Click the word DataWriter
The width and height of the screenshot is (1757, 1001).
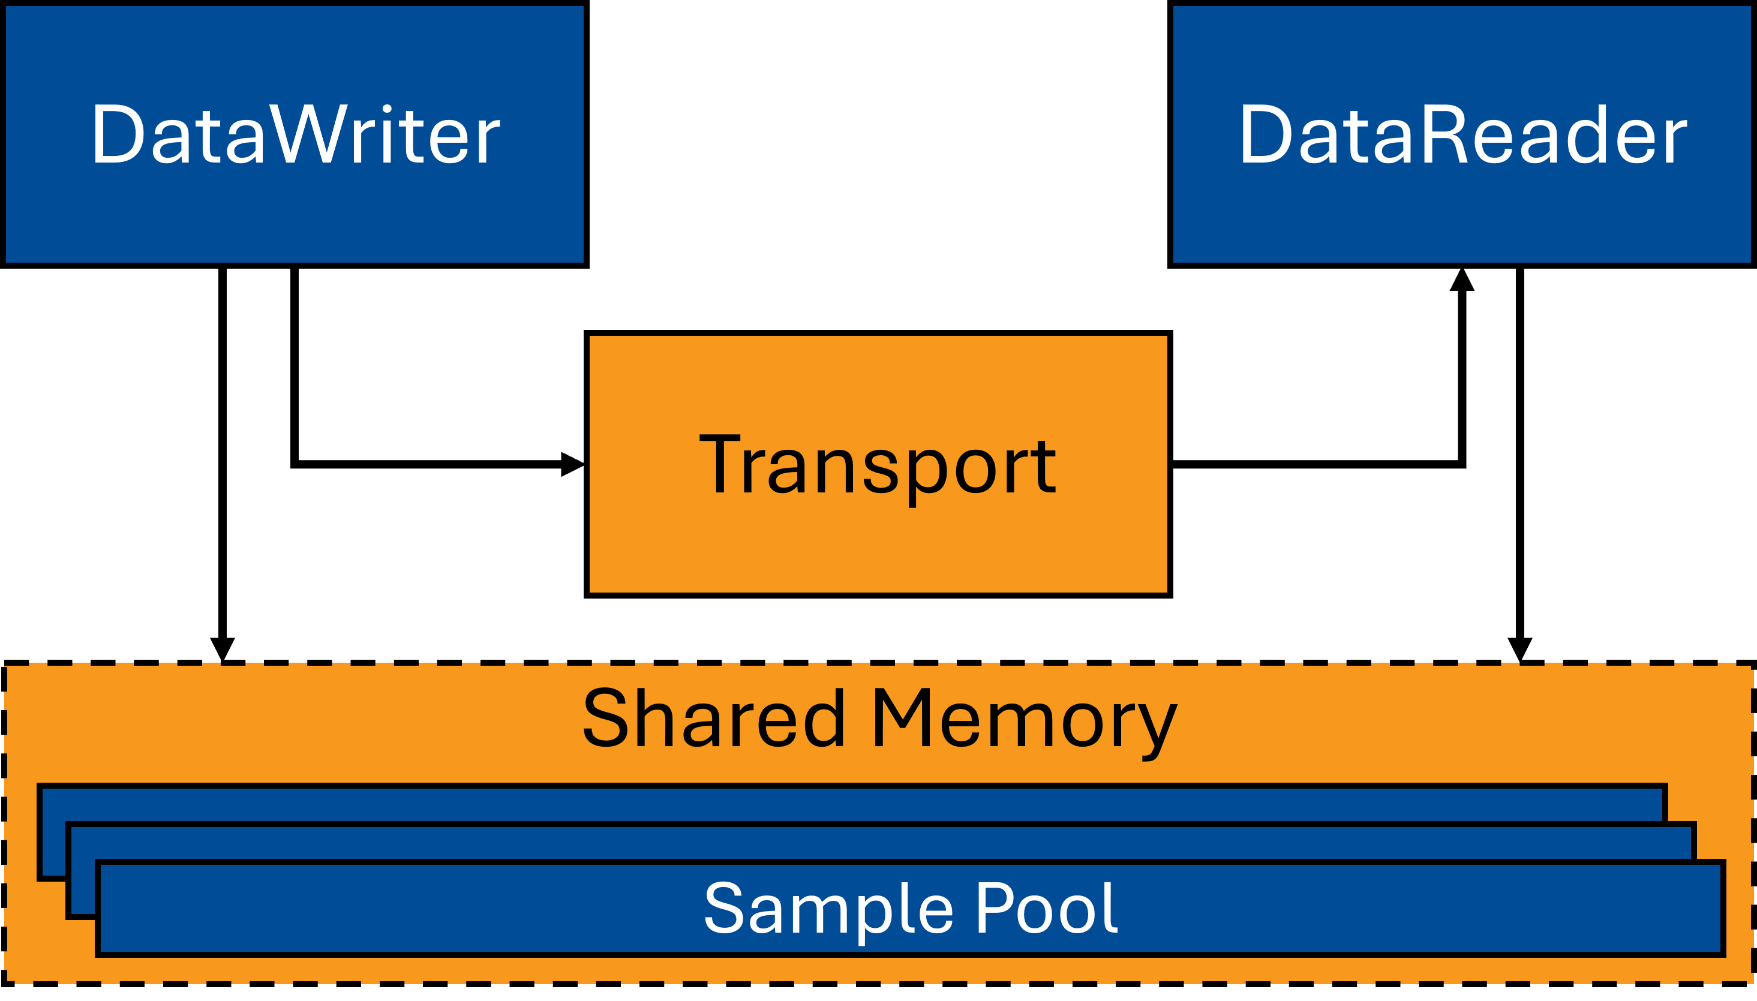click(296, 135)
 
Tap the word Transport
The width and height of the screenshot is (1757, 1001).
click(877, 465)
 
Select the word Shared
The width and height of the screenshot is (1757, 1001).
click(713, 719)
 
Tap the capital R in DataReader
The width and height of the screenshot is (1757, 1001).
click(1438, 135)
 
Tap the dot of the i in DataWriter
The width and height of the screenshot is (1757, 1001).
click(387, 109)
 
